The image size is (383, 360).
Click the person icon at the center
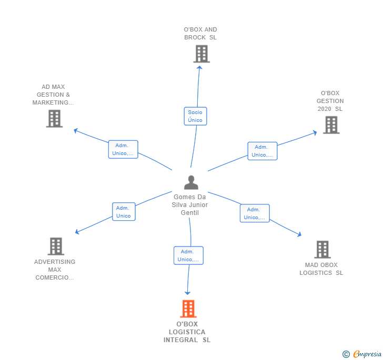tap(191, 182)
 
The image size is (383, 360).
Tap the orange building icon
tap(188, 308)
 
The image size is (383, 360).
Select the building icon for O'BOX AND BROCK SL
tap(201, 54)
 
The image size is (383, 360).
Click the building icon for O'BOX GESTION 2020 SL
tap(330, 125)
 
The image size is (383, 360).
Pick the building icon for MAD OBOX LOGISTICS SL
tap(322, 249)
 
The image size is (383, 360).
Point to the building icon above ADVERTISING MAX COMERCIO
tap(55, 246)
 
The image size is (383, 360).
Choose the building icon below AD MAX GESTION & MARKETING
tap(54, 119)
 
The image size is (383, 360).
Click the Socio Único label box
tap(195, 116)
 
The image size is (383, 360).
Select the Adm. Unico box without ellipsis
tap(123, 212)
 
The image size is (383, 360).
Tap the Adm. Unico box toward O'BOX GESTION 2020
tap(262, 151)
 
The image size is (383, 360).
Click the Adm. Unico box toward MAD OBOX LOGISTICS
tap(255, 213)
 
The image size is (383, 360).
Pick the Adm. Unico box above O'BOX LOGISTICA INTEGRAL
tap(188, 255)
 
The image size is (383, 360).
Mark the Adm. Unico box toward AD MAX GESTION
tap(123, 149)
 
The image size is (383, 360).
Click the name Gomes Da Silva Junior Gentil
tap(190, 204)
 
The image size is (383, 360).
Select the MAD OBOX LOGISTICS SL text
tap(321, 269)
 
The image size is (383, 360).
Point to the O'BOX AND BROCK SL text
tap(200, 34)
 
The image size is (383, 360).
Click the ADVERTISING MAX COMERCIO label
tap(55, 270)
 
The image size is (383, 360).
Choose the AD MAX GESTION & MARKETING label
tap(53, 95)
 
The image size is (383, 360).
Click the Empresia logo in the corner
tap(362, 354)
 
